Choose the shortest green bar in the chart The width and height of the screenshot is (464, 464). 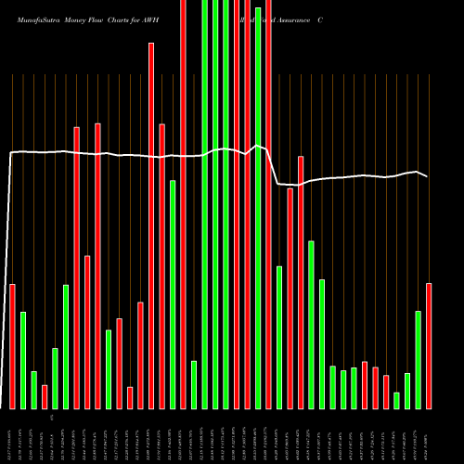click(x=396, y=400)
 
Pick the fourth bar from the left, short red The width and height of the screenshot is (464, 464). click(x=45, y=396)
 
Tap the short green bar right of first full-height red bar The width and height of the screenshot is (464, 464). click(x=194, y=384)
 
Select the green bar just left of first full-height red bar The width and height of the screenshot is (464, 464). click(x=173, y=294)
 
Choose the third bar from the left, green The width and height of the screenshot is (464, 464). click(x=33, y=390)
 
